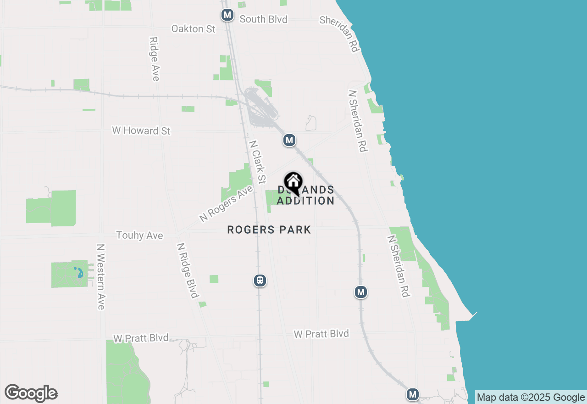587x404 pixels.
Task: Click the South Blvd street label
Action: point(264,19)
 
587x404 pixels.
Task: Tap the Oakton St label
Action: point(193,29)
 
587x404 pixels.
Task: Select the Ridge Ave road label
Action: point(154,59)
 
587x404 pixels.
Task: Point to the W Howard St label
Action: point(141,131)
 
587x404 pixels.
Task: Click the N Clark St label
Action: point(257,162)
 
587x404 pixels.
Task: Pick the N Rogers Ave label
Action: point(226,203)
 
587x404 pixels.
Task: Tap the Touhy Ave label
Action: point(139,236)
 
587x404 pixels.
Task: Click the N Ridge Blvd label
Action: point(188,270)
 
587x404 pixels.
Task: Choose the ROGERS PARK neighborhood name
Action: point(269,230)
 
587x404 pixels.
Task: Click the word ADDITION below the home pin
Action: point(305,201)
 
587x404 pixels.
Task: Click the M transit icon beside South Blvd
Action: point(227,15)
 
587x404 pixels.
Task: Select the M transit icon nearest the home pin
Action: point(289,140)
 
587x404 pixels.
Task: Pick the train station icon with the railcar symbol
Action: point(260,280)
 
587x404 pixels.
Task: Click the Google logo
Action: point(31,393)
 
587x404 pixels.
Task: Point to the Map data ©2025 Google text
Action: point(531,398)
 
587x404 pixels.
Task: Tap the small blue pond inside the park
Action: point(79,273)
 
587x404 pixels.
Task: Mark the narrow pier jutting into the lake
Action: point(472,315)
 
